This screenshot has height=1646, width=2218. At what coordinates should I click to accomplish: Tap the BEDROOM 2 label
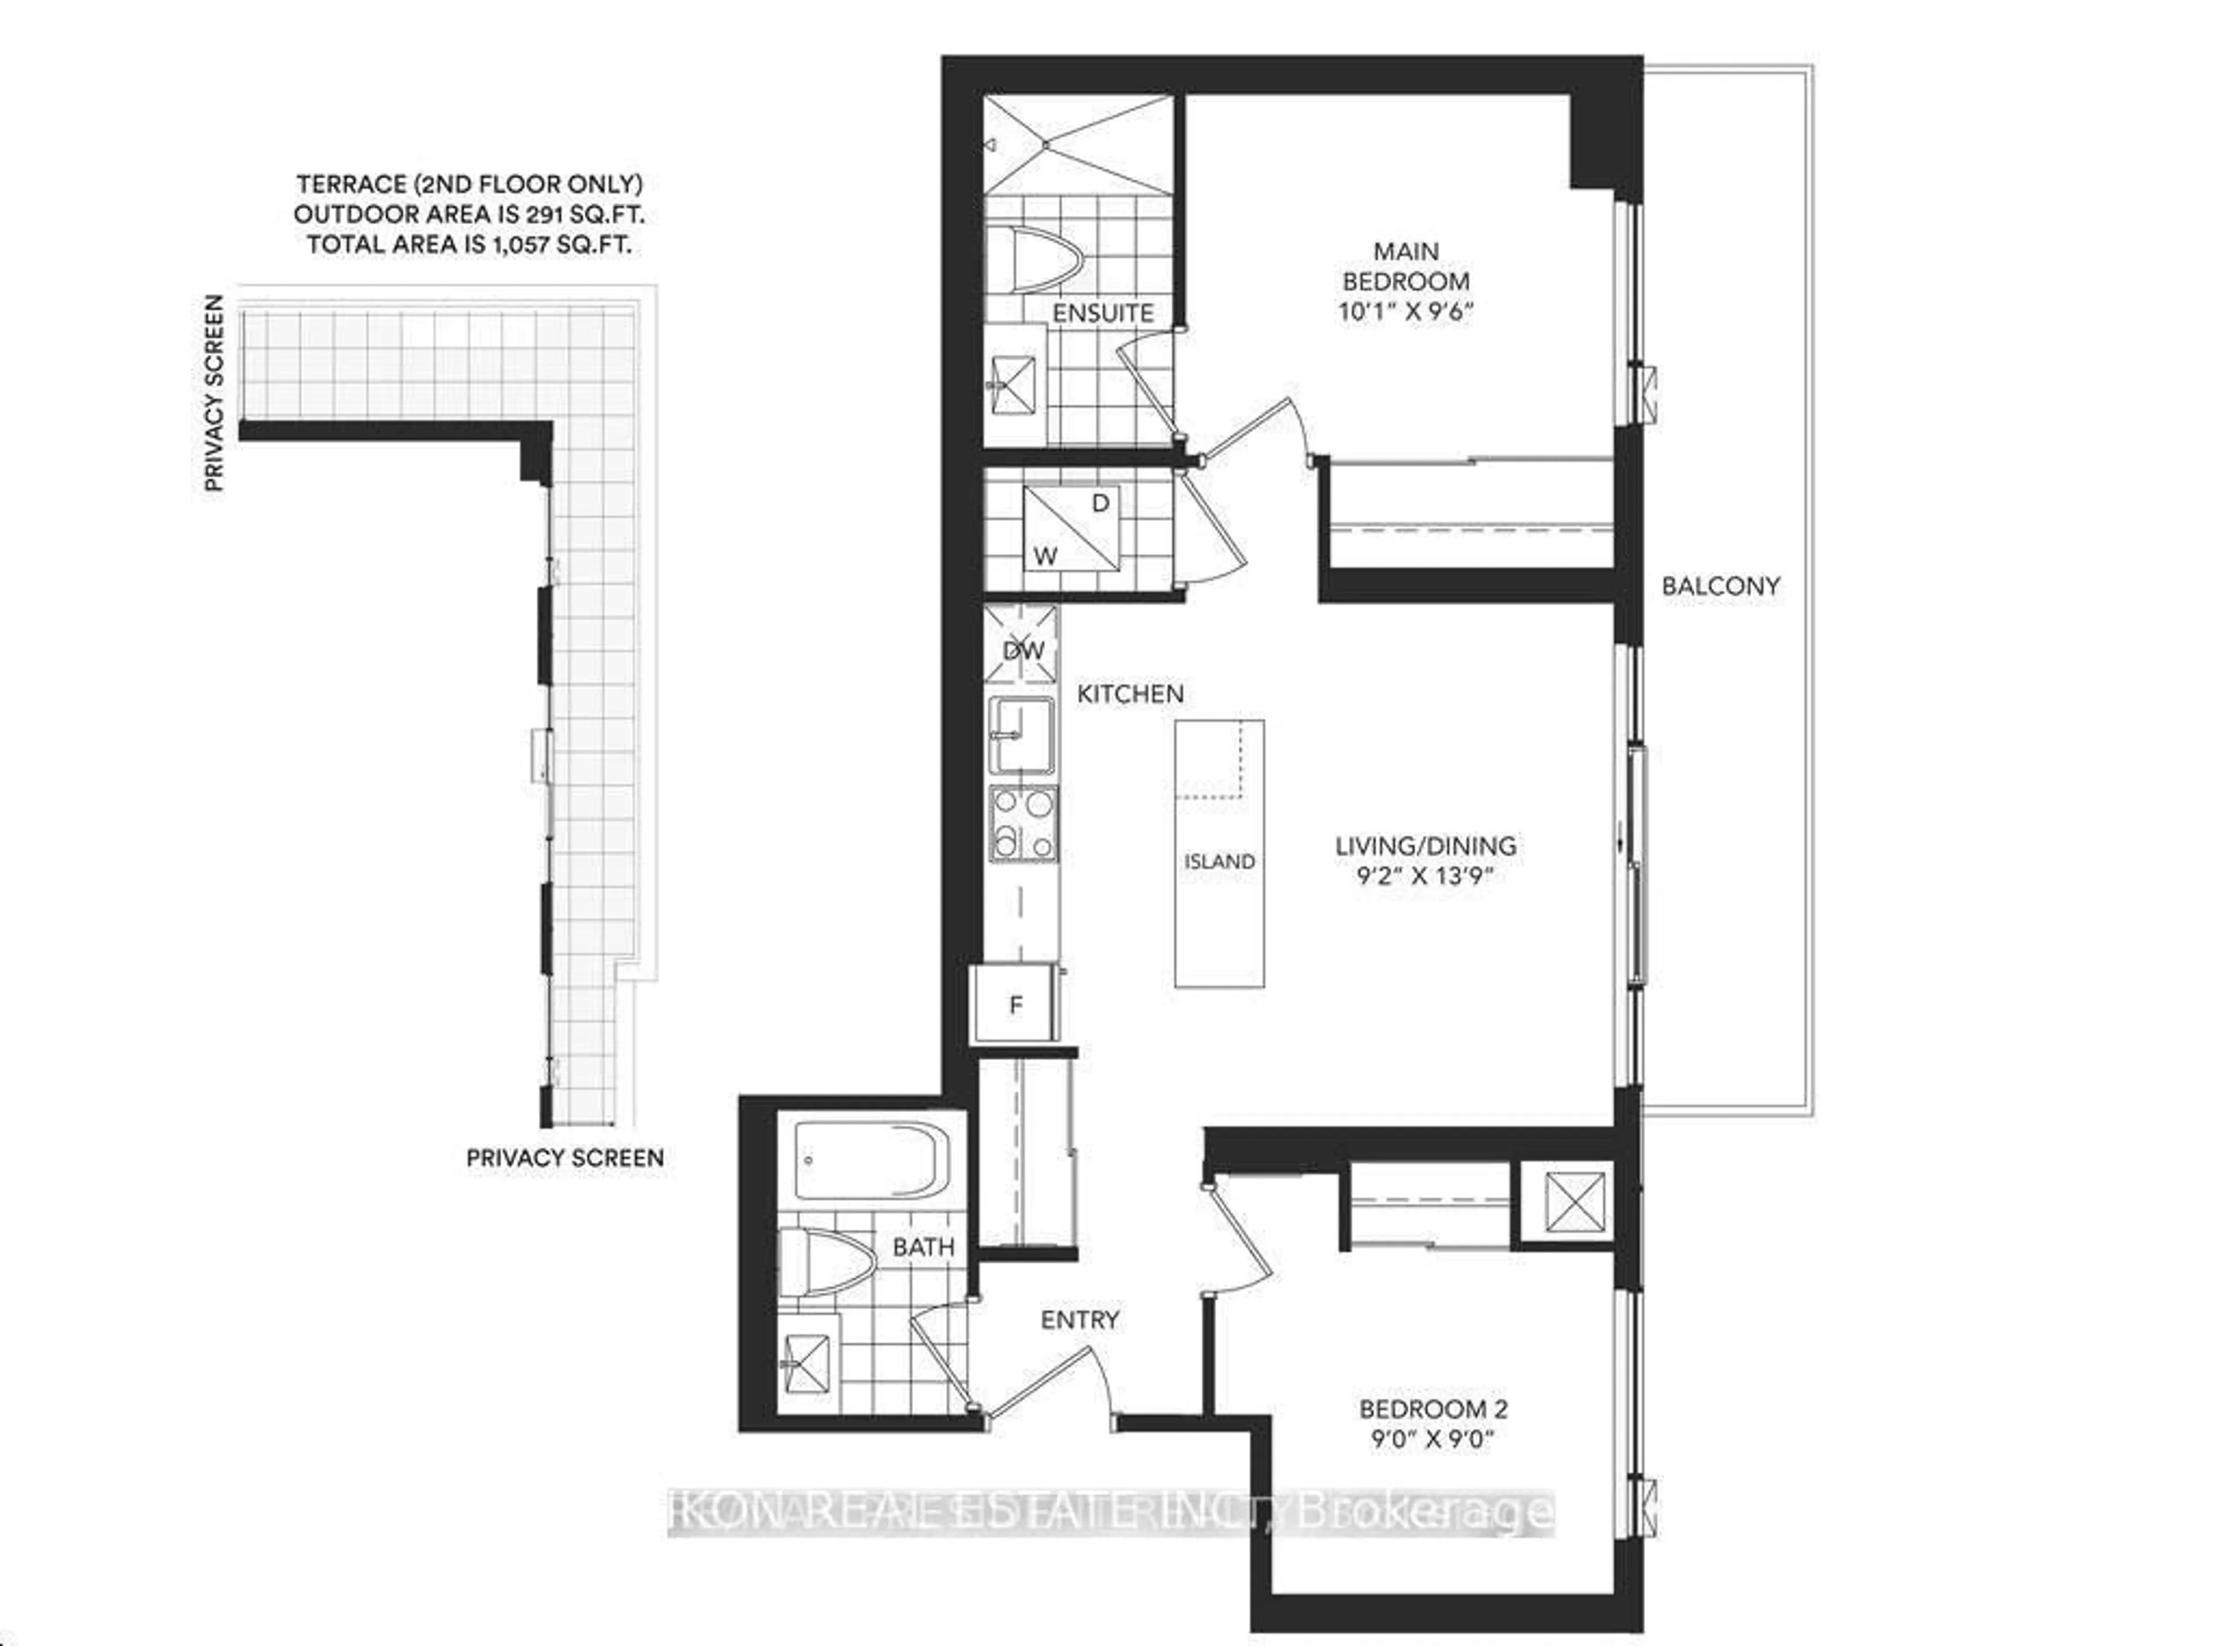point(1433,1409)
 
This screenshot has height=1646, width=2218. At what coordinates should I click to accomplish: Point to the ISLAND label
point(1219,862)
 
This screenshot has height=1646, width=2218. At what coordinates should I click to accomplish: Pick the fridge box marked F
point(1015,1004)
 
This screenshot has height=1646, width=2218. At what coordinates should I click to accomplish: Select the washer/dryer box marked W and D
point(1071,528)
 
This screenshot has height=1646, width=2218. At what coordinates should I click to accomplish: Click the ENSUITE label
point(1103,313)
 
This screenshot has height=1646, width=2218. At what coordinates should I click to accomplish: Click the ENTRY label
point(1079,1320)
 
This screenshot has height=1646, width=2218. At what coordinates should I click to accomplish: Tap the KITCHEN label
point(1130,694)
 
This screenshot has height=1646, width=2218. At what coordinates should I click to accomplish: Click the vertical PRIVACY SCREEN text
point(213,393)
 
